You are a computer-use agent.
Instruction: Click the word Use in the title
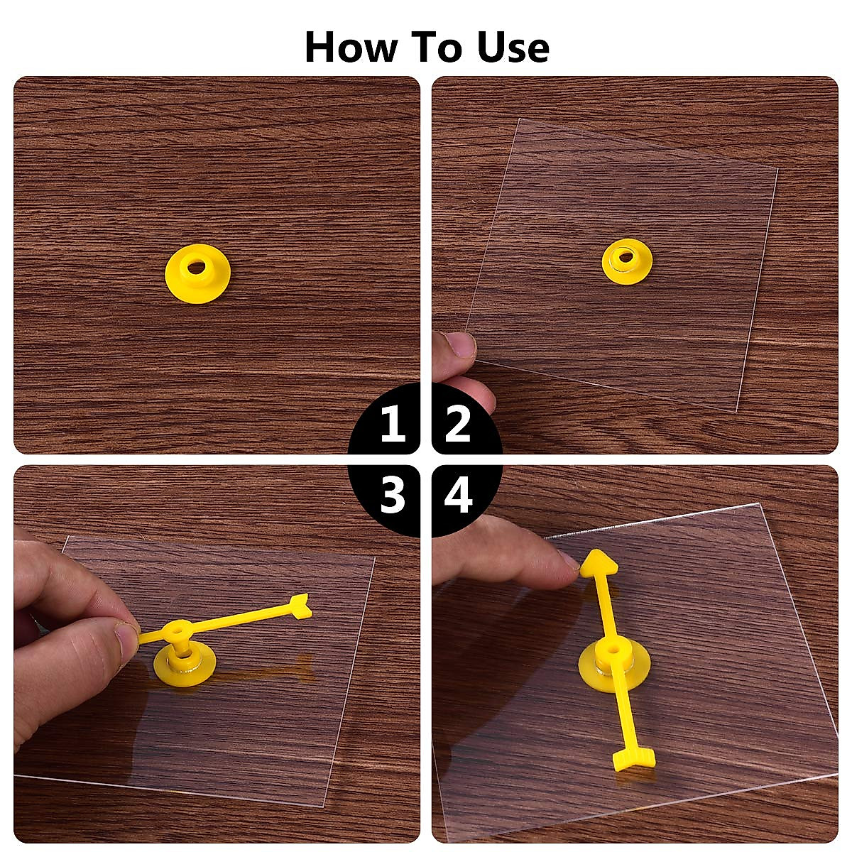(x=512, y=47)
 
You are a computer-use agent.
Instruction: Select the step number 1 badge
(x=392, y=425)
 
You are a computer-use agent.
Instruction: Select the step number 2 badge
(x=458, y=425)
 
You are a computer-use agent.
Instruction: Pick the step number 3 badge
(x=392, y=496)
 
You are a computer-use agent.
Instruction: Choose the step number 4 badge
(x=458, y=496)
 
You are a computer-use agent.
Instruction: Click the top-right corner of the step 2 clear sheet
(x=777, y=169)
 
